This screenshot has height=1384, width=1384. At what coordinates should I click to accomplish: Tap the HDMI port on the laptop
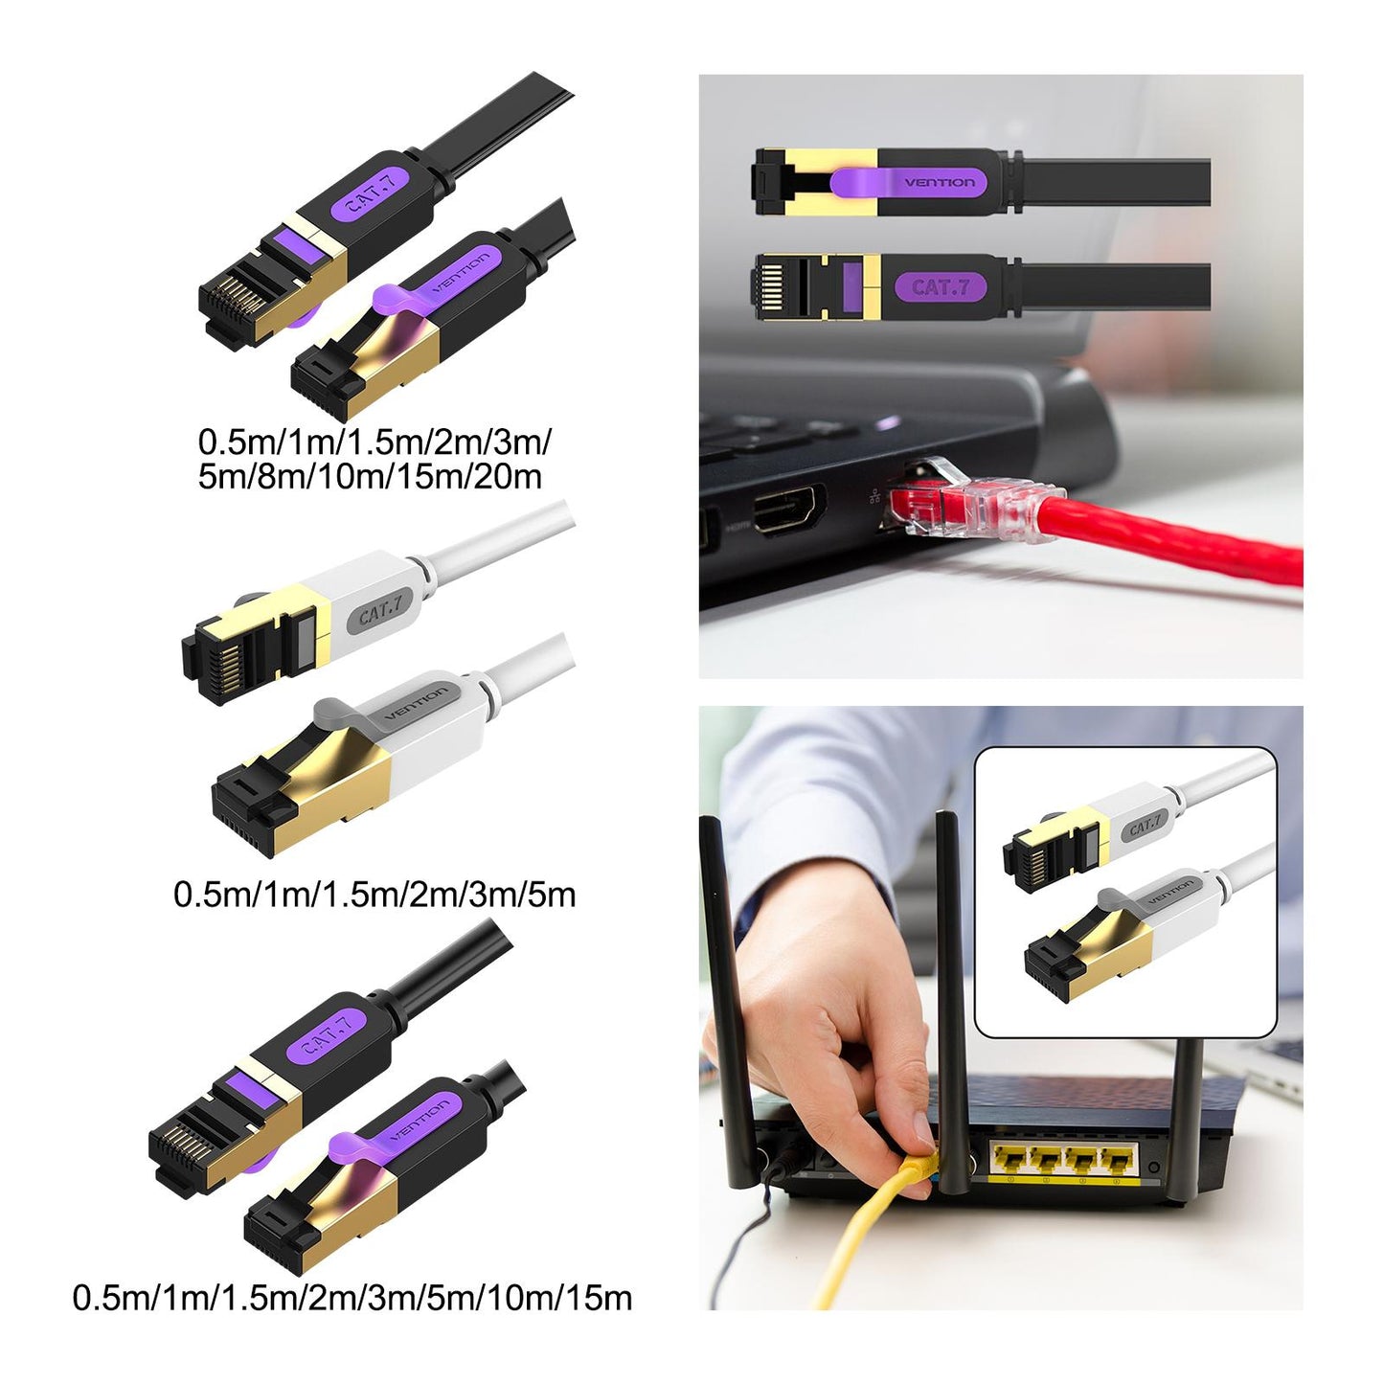pyautogui.click(x=788, y=510)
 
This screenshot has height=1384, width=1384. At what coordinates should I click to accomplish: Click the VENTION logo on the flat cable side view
pyautogui.click(x=941, y=182)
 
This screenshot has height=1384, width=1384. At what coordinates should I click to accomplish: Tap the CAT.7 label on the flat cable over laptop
pyautogui.click(x=941, y=288)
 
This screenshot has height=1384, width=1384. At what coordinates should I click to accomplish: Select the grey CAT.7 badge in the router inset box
pyautogui.click(x=1145, y=827)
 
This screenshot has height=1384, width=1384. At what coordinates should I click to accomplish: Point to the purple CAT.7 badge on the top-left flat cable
pyautogui.click(x=372, y=193)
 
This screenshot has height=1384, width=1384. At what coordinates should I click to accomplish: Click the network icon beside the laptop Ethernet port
pyautogui.click(x=874, y=495)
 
